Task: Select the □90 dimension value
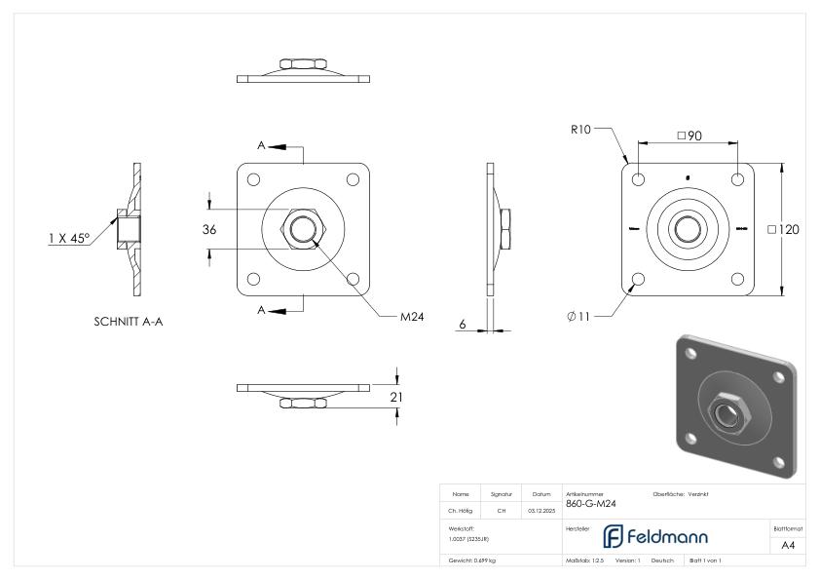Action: coord(689,135)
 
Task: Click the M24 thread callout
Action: coord(412,316)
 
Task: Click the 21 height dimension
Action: coord(396,397)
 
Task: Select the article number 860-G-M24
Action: coord(590,504)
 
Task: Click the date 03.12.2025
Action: coord(540,509)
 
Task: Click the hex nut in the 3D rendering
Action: coord(727,409)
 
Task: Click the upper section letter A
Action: coord(261,145)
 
